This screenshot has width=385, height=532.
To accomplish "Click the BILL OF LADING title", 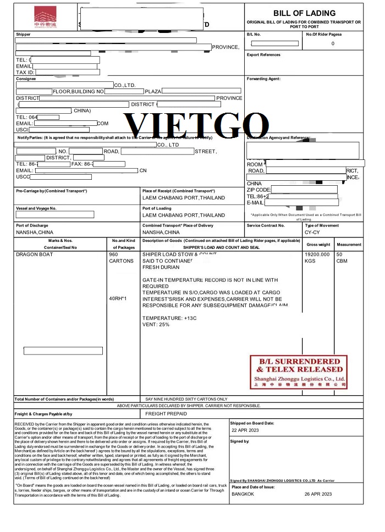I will click(304, 13).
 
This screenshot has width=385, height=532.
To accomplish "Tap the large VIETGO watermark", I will click(192, 125).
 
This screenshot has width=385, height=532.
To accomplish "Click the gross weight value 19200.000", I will click(317, 254).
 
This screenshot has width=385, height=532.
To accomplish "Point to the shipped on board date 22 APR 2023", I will click(246, 430).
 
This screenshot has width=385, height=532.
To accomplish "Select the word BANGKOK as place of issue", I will click(243, 494).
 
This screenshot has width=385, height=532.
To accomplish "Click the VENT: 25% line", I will click(156, 325).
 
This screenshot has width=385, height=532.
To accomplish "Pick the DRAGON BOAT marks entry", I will click(34, 254).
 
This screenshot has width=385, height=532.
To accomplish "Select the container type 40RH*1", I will click(118, 298).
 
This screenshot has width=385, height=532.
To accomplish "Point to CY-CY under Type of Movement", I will click(313, 232).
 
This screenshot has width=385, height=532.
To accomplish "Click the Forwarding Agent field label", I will click(263, 79).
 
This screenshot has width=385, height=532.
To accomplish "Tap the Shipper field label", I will click(23, 34).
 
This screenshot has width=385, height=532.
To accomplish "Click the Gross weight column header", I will click(318, 244).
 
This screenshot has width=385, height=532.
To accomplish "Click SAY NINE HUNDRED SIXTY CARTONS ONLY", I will click(186, 399).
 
